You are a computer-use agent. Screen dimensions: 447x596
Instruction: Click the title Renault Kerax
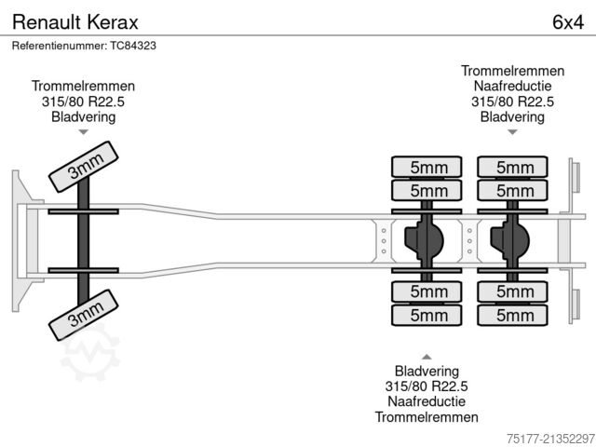click(x=62, y=20)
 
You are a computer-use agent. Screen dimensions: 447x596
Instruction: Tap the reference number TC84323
click(x=83, y=45)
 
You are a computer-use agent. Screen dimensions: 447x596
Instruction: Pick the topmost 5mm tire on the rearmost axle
click(x=513, y=168)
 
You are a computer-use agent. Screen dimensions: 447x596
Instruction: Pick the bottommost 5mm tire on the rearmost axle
click(x=513, y=316)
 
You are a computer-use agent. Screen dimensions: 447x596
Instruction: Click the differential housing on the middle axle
click(x=427, y=241)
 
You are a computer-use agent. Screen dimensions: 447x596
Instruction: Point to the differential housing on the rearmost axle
click(x=511, y=241)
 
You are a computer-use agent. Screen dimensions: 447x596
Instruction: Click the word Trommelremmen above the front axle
click(x=83, y=86)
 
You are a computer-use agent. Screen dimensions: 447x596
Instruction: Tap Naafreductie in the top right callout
click(x=512, y=87)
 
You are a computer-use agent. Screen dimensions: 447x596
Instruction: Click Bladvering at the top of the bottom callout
click(x=427, y=371)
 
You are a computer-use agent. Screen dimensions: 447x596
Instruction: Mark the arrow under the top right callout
click(x=512, y=132)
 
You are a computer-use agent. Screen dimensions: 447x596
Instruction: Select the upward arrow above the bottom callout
click(x=427, y=356)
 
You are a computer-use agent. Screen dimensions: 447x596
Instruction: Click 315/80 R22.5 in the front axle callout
click(x=83, y=102)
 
